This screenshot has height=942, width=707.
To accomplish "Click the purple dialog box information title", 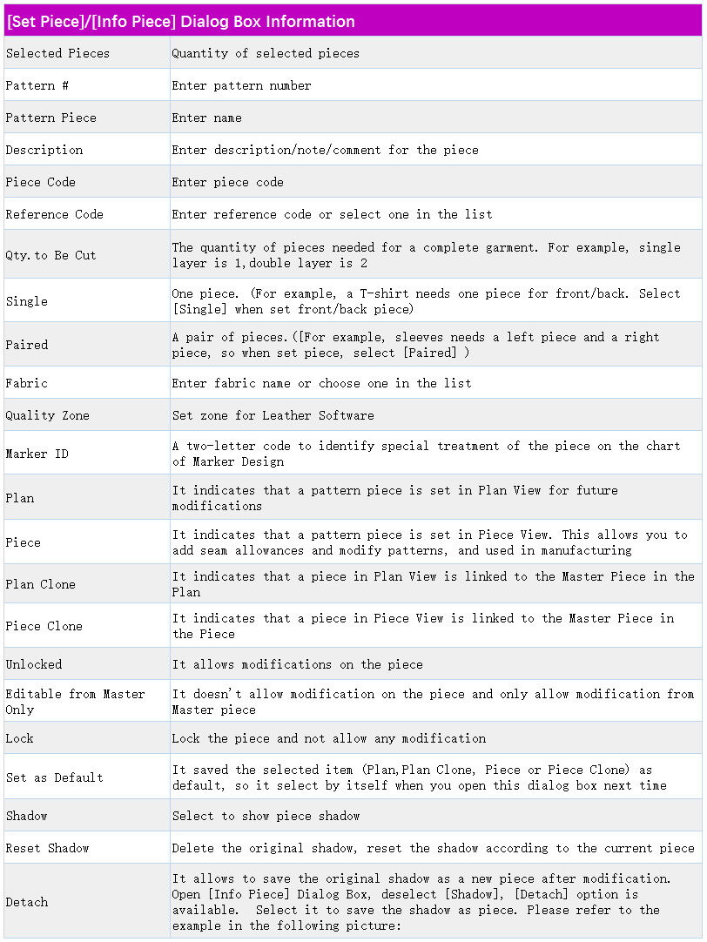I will (x=180, y=22).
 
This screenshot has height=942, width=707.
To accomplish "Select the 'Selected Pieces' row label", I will (x=57, y=53).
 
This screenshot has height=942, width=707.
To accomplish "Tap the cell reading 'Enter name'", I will (x=206, y=118).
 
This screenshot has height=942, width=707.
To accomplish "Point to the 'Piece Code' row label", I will (x=40, y=182).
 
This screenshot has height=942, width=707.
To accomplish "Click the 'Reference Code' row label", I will (x=54, y=214).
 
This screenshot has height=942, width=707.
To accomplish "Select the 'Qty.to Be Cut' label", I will (x=50, y=255).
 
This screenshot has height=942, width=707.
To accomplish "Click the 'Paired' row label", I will (x=26, y=345).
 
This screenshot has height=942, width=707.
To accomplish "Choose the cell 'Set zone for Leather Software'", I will (x=273, y=415).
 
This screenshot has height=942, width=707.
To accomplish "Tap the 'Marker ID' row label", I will (x=37, y=454).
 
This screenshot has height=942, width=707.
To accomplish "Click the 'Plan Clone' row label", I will (x=40, y=584).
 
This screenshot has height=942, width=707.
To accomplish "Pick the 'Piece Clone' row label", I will (x=44, y=626).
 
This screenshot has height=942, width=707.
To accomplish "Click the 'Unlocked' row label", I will (x=34, y=664).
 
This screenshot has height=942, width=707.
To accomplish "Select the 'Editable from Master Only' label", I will (x=75, y=702).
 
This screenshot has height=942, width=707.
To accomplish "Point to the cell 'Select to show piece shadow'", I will (x=266, y=816).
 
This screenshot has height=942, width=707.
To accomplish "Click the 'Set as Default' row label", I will (x=54, y=777).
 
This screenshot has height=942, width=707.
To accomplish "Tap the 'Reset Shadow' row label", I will (x=47, y=848).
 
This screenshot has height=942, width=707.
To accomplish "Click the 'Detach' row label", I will (x=26, y=902).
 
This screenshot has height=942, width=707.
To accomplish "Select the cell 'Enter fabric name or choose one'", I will (x=321, y=383).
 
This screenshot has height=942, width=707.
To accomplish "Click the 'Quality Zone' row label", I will (x=47, y=415).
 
